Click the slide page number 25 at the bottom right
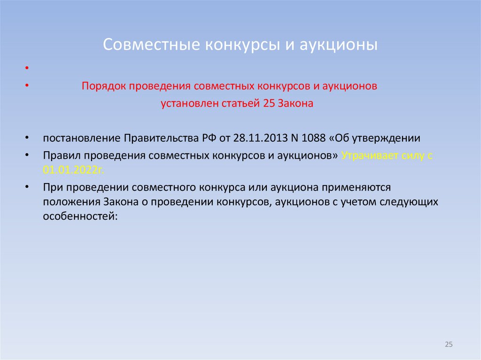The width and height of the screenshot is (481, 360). pos(448,345)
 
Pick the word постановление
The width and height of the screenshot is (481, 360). pos(81,138)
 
